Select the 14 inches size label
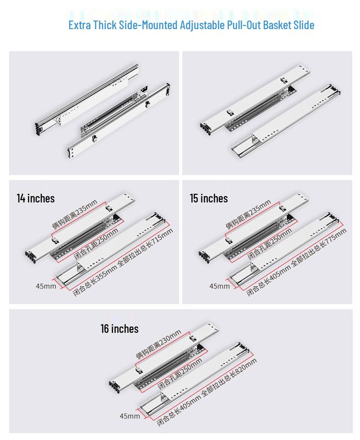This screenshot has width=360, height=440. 36,198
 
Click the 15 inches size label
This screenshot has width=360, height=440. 209,198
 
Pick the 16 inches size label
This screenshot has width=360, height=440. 119,329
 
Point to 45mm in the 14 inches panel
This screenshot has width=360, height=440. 46,286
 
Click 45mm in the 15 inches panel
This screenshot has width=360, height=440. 220,286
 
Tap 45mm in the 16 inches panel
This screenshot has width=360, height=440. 130,416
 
